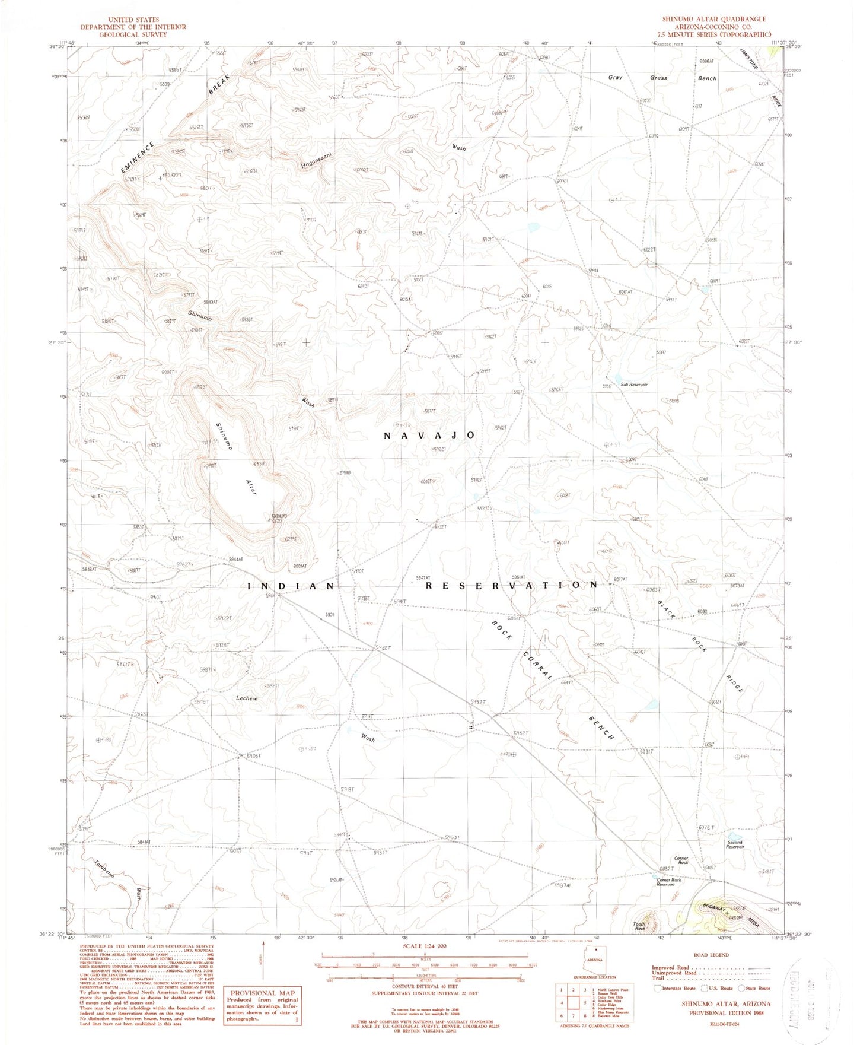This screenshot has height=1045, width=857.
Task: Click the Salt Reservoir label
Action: [x=634, y=385]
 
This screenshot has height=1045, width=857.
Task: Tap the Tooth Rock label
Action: [x=639, y=926]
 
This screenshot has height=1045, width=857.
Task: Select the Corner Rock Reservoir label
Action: [x=668, y=882]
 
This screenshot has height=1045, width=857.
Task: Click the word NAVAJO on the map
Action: [x=429, y=436]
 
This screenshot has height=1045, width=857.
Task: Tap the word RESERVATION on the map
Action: [x=511, y=585]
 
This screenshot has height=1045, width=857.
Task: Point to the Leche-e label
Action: [x=247, y=698]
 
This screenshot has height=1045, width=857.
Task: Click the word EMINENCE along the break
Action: [x=138, y=158]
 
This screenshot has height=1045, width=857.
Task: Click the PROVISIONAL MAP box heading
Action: [x=262, y=992]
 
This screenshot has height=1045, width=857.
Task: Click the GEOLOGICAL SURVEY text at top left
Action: [x=133, y=34]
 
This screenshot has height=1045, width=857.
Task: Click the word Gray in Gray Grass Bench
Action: [x=615, y=77]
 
